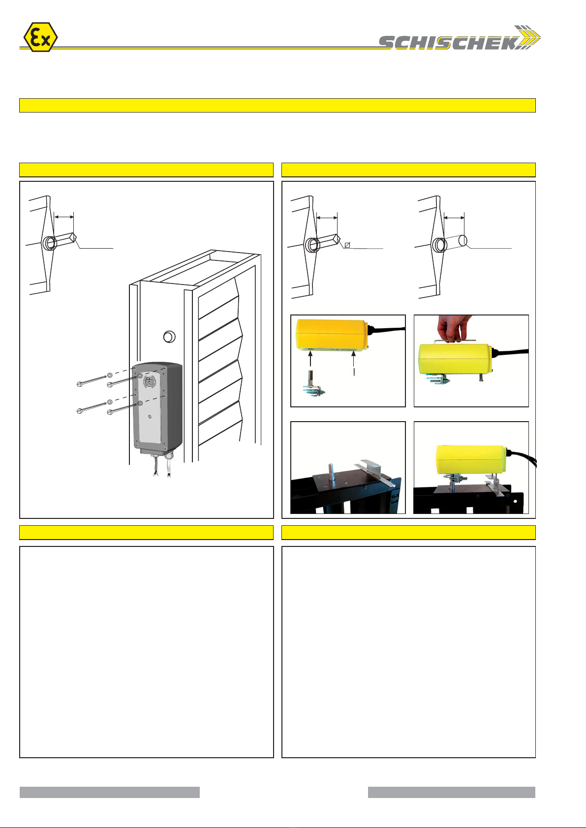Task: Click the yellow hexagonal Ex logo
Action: point(40,37)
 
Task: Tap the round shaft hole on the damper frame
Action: point(169,337)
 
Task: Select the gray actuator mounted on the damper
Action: point(157,408)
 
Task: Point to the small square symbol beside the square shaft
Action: point(347,245)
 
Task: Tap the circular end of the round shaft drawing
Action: point(463,241)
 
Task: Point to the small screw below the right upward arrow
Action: point(354,372)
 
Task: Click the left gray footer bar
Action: point(110,792)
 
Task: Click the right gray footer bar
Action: point(451,792)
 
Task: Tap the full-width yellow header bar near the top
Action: point(278,105)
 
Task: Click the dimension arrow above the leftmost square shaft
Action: point(63,217)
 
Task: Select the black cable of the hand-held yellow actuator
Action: point(511,351)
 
